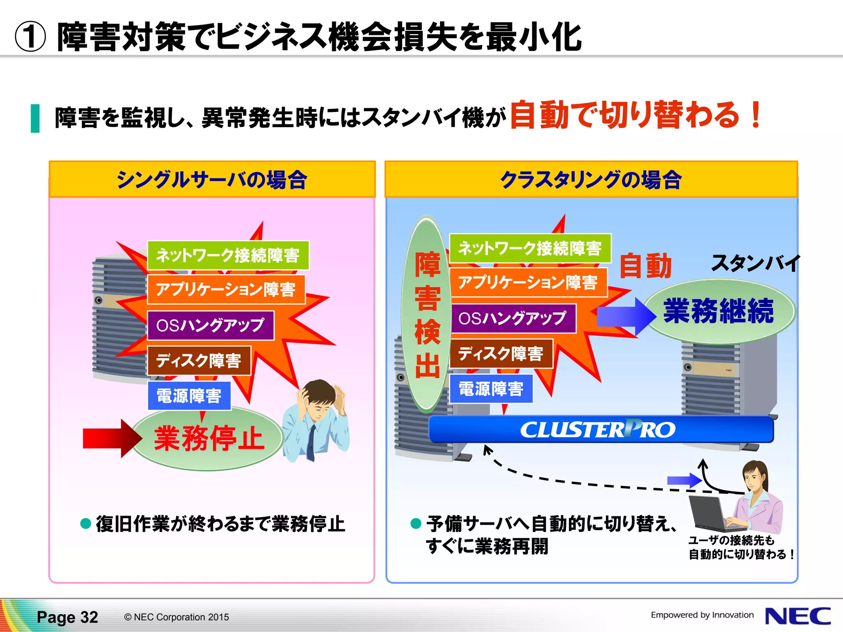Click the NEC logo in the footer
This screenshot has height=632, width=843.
(x=797, y=616)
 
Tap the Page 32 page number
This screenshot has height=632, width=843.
(x=68, y=617)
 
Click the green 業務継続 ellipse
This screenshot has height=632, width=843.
(x=719, y=311)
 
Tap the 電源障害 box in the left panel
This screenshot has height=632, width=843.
(x=189, y=396)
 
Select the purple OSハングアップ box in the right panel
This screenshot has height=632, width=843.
(x=513, y=318)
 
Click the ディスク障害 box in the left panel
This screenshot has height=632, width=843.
(x=199, y=361)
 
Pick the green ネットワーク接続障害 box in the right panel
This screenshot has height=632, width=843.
(x=530, y=248)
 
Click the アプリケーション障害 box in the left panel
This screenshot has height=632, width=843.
(x=226, y=290)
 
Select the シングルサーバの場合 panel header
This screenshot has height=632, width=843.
(x=212, y=180)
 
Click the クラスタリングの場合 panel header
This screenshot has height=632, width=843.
(x=591, y=180)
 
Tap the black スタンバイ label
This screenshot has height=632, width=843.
(x=755, y=263)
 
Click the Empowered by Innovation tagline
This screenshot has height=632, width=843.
(x=702, y=615)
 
